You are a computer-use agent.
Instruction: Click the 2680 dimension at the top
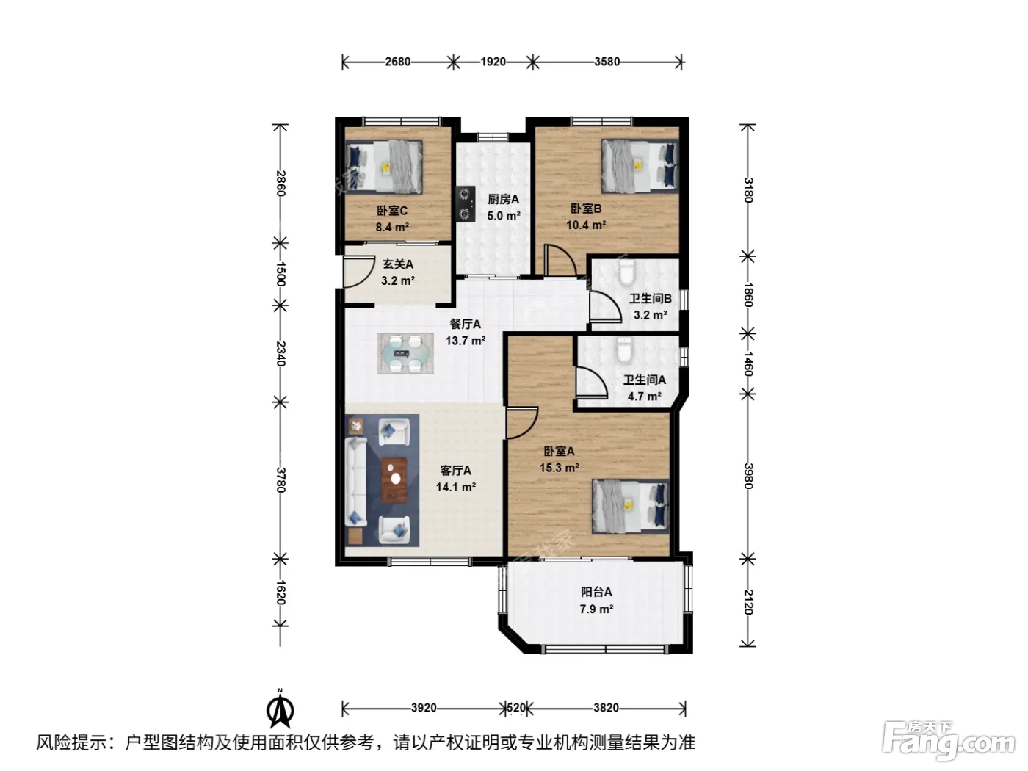(x=398, y=62)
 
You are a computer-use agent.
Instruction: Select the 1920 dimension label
(x=493, y=62)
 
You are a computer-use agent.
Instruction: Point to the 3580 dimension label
(x=607, y=62)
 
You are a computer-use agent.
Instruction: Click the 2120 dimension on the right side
(x=748, y=602)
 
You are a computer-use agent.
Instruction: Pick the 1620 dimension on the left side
(x=280, y=592)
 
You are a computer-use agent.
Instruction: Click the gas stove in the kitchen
(x=465, y=204)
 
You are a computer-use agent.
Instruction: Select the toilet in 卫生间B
(x=626, y=273)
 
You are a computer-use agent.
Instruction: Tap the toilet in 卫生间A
(x=624, y=350)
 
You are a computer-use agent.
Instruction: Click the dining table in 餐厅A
(x=405, y=353)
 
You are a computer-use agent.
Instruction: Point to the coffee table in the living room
(x=394, y=479)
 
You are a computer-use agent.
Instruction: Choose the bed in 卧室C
(x=384, y=167)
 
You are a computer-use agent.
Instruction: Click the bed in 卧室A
(x=630, y=506)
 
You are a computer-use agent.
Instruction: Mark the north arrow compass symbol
(x=280, y=710)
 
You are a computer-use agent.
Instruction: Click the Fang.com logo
(x=949, y=742)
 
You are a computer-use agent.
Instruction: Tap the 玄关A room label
(x=398, y=264)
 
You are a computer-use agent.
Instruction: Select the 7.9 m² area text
(x=596, y=609)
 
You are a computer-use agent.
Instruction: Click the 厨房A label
(x=504, y=200)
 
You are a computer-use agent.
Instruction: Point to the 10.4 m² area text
(x=587, y=225)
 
